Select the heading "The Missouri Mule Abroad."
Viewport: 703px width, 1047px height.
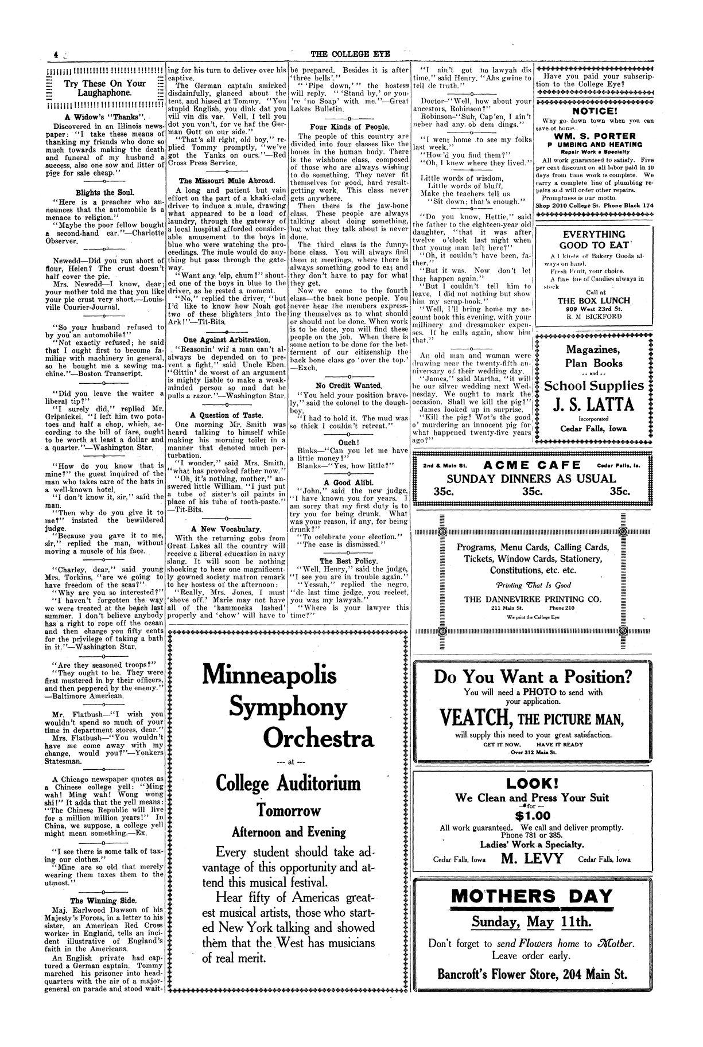(226, 180)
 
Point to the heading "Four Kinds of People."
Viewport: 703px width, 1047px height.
(349, 126)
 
